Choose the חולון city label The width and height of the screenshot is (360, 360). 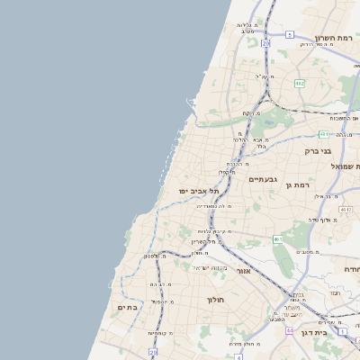pos(214,300)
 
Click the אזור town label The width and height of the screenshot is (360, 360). pos(243,270)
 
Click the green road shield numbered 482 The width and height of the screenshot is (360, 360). pos(300,83)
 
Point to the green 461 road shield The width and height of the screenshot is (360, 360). pos(278,239)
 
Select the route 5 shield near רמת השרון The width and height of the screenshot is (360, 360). pos(290,34)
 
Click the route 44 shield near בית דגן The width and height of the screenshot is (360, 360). pos(289,330)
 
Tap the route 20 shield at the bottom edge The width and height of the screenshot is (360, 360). pos(153,353)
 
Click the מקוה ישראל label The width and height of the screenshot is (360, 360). pos(213,268)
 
